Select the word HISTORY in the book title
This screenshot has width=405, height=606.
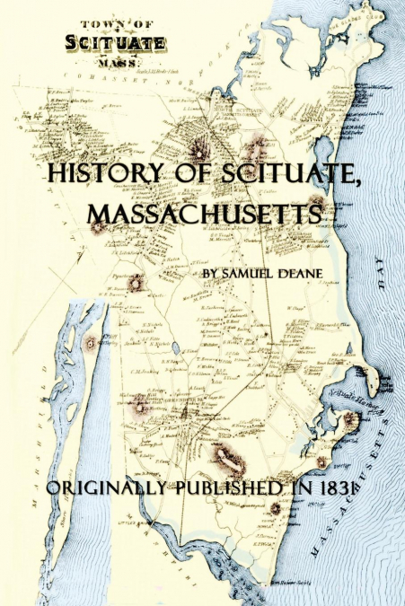coord(101,174)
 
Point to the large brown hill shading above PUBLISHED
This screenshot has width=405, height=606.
coord(229,461)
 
